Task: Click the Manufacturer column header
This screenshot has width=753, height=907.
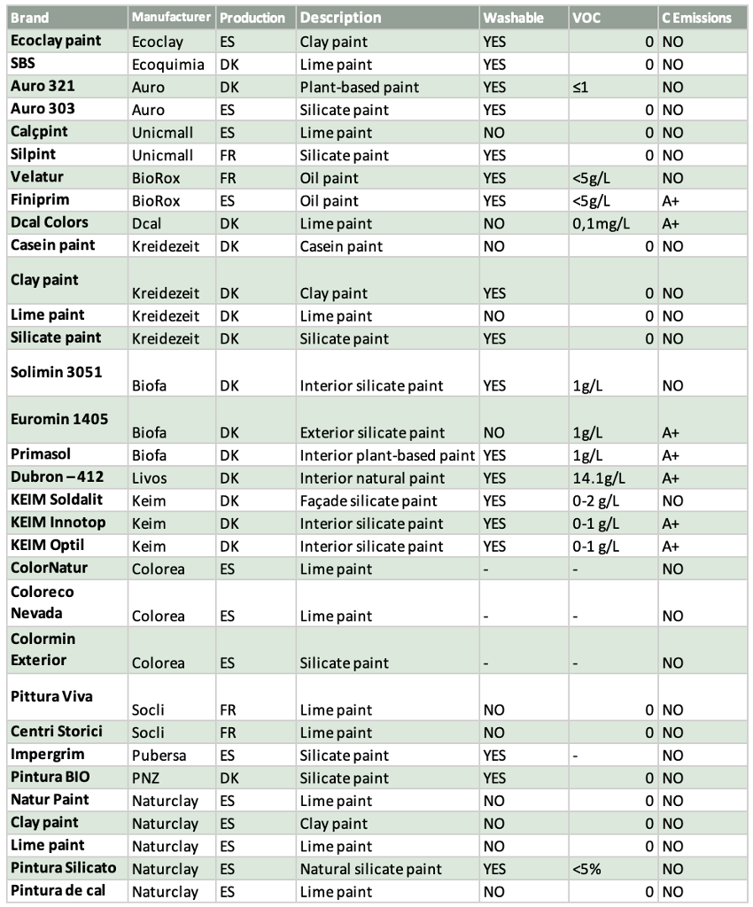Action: (x=172, y=17)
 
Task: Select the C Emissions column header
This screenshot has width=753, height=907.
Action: (x=696, y=18)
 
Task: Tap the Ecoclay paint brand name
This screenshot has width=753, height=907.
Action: (x=56, y=41)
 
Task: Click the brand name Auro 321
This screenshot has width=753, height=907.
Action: (x=42, y=87)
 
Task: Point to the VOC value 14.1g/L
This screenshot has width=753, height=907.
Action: (x=599, y=478)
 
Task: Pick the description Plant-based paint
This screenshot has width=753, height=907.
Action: (x=359, y=87)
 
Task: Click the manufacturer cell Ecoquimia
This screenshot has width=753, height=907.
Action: (x=167, y=65)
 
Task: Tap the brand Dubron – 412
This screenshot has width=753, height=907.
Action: (x=58, y=477)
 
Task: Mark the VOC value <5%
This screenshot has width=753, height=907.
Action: (x=586, y=869)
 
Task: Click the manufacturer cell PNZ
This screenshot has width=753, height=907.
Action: (x=147, y=779)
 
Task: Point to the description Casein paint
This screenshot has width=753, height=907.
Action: (x=341, y=246)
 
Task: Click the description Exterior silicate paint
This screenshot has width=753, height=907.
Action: (x=373, y=433)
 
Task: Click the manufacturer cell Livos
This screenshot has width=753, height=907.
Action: (x=149, y=478)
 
